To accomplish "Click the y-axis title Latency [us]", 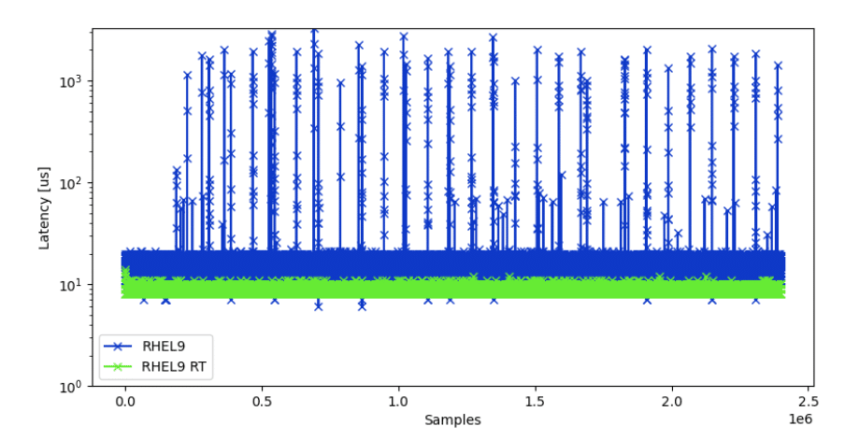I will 45,207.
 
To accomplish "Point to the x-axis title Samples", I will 452,420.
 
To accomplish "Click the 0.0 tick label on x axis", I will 125,401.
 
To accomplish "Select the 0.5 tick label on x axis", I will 262,401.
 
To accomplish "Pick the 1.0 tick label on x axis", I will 398,401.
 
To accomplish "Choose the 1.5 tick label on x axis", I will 535,401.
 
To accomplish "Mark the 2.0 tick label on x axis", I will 672,401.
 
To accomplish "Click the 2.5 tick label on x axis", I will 809,401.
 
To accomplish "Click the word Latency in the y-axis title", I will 45,219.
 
